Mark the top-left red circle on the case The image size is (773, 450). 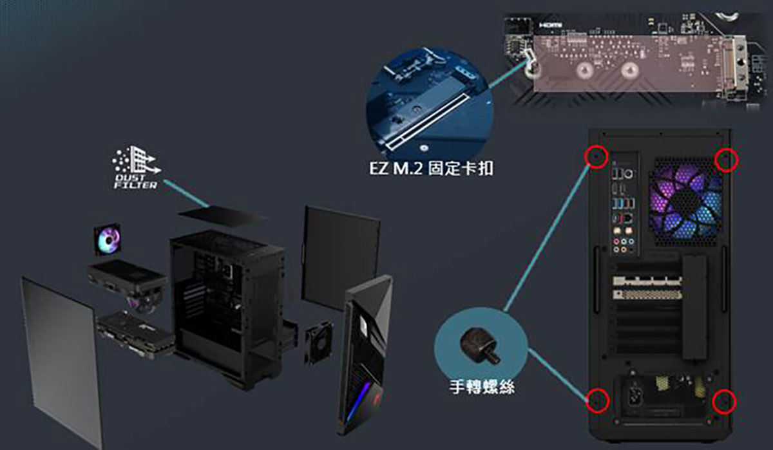point(595,156)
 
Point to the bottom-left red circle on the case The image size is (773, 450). point(596,400)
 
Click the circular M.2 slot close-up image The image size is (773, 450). point(428,103)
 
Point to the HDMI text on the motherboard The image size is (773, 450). point(549,24)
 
